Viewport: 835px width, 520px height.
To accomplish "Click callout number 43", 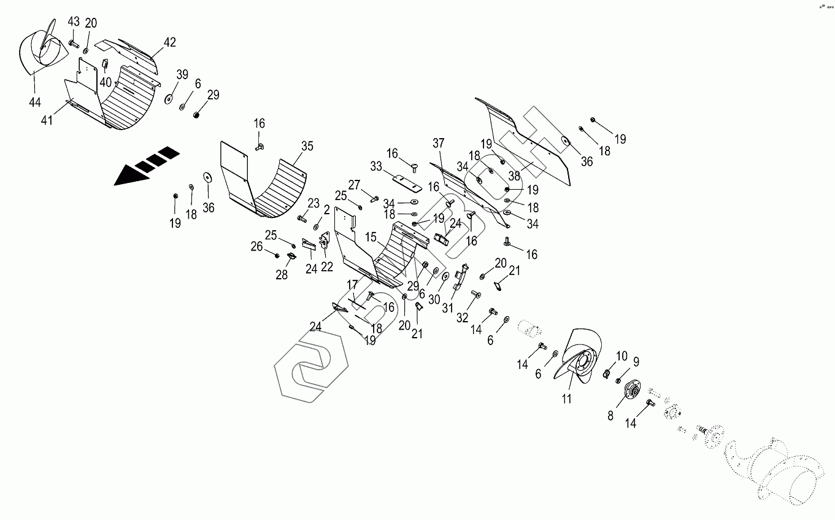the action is [74, 21].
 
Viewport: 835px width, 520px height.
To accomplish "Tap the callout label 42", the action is [170, 42].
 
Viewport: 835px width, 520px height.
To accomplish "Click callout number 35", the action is [307, 146].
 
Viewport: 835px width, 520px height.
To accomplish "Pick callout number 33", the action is [376, 166].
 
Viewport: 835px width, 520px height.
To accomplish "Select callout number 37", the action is [438, 144].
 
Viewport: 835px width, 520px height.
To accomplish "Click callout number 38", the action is [514, 176].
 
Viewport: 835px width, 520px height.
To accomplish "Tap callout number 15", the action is [371, 237].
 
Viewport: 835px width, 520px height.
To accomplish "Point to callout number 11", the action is [566, 399].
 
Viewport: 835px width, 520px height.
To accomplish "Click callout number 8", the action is [610, 415].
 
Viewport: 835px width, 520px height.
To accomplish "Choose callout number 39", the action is [182, 74].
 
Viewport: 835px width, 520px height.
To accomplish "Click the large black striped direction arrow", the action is [146, 166].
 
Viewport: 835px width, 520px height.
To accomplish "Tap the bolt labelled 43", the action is [74, 44].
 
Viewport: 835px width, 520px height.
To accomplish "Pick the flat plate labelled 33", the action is [405, 182].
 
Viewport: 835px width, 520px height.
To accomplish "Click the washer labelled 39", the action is [167, 98].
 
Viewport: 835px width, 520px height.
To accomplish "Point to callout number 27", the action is [355, 185].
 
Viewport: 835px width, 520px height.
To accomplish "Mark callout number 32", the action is [462, 317].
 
